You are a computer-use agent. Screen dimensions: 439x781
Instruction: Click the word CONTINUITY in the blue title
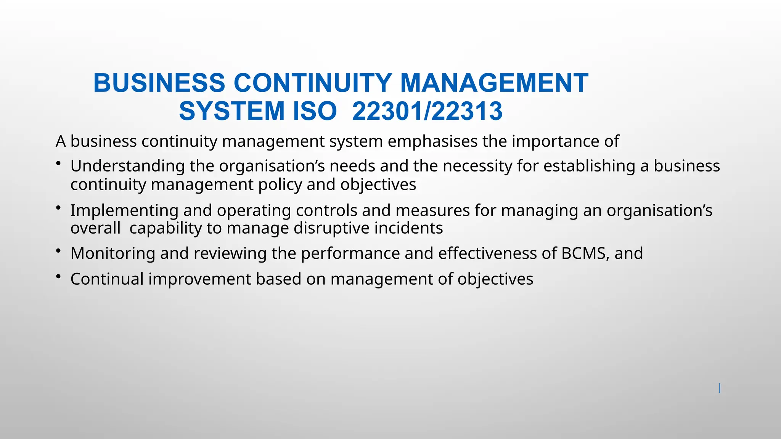click(x=312, y=83)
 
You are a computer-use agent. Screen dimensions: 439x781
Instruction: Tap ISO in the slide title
click(x=315, y=111)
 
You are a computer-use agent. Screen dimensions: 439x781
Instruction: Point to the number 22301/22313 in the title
click(x=427, y=111)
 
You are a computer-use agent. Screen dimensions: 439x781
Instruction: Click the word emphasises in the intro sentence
click(x=432, y=141)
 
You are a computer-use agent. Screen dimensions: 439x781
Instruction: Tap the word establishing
click(x=589, y=166)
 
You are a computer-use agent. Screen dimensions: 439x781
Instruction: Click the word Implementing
click(x=124, y=210)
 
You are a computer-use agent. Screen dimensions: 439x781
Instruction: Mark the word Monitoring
click(x=113, y=253)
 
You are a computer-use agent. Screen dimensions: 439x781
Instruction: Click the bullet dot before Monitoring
click(x=58, y=251)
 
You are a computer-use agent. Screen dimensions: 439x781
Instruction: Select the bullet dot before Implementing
click(x=58, y=208)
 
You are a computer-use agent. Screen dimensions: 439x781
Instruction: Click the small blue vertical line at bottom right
click(x=720, y=388)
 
